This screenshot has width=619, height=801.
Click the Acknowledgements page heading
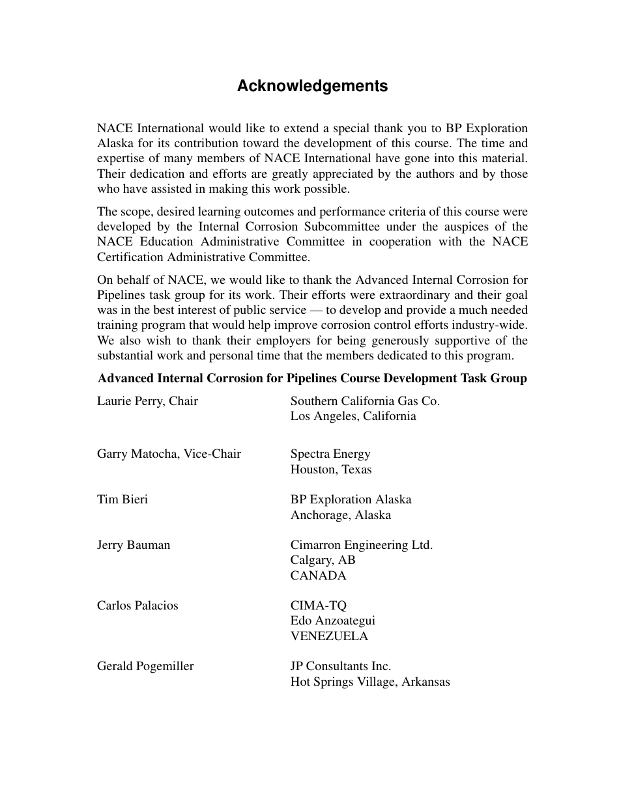click(312, 86)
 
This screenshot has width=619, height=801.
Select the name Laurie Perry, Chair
click(147, 401)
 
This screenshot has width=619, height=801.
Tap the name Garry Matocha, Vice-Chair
click(169, 454)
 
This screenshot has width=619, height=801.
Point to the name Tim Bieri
click(122, 499)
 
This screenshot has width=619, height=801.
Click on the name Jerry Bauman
click(134, 545)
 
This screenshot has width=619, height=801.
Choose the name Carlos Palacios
click(137, 606)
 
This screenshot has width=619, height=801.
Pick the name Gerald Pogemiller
click(145, 666)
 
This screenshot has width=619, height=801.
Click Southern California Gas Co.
click(365, 401)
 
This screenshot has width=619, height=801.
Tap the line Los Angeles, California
click(353, 416)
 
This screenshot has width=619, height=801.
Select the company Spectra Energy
click(330, 454)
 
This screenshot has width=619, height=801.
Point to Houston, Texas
click(331, 470)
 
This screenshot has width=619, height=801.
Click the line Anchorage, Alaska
click(341, 515)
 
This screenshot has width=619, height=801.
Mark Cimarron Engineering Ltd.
click(362, 545)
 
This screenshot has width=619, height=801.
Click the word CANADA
click(319, 576)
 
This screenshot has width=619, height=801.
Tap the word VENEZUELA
click(329, 636)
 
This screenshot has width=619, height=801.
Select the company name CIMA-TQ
click(319, 606)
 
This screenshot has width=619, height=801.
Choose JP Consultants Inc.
click(341, 666)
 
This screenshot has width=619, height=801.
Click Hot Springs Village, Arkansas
click(370, 682)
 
